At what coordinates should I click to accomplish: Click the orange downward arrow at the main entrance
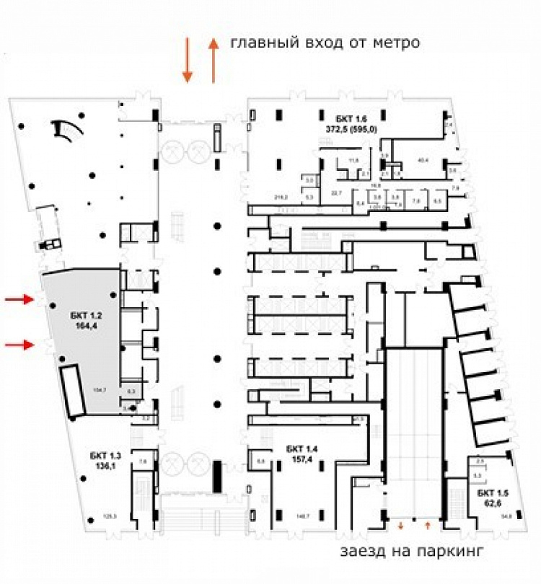(187, 61)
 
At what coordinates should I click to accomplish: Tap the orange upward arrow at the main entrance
(214, 61)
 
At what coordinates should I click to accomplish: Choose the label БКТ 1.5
(492, 493)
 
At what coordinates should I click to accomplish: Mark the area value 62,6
(492, 503)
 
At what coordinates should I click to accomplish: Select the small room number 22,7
(335, 193)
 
